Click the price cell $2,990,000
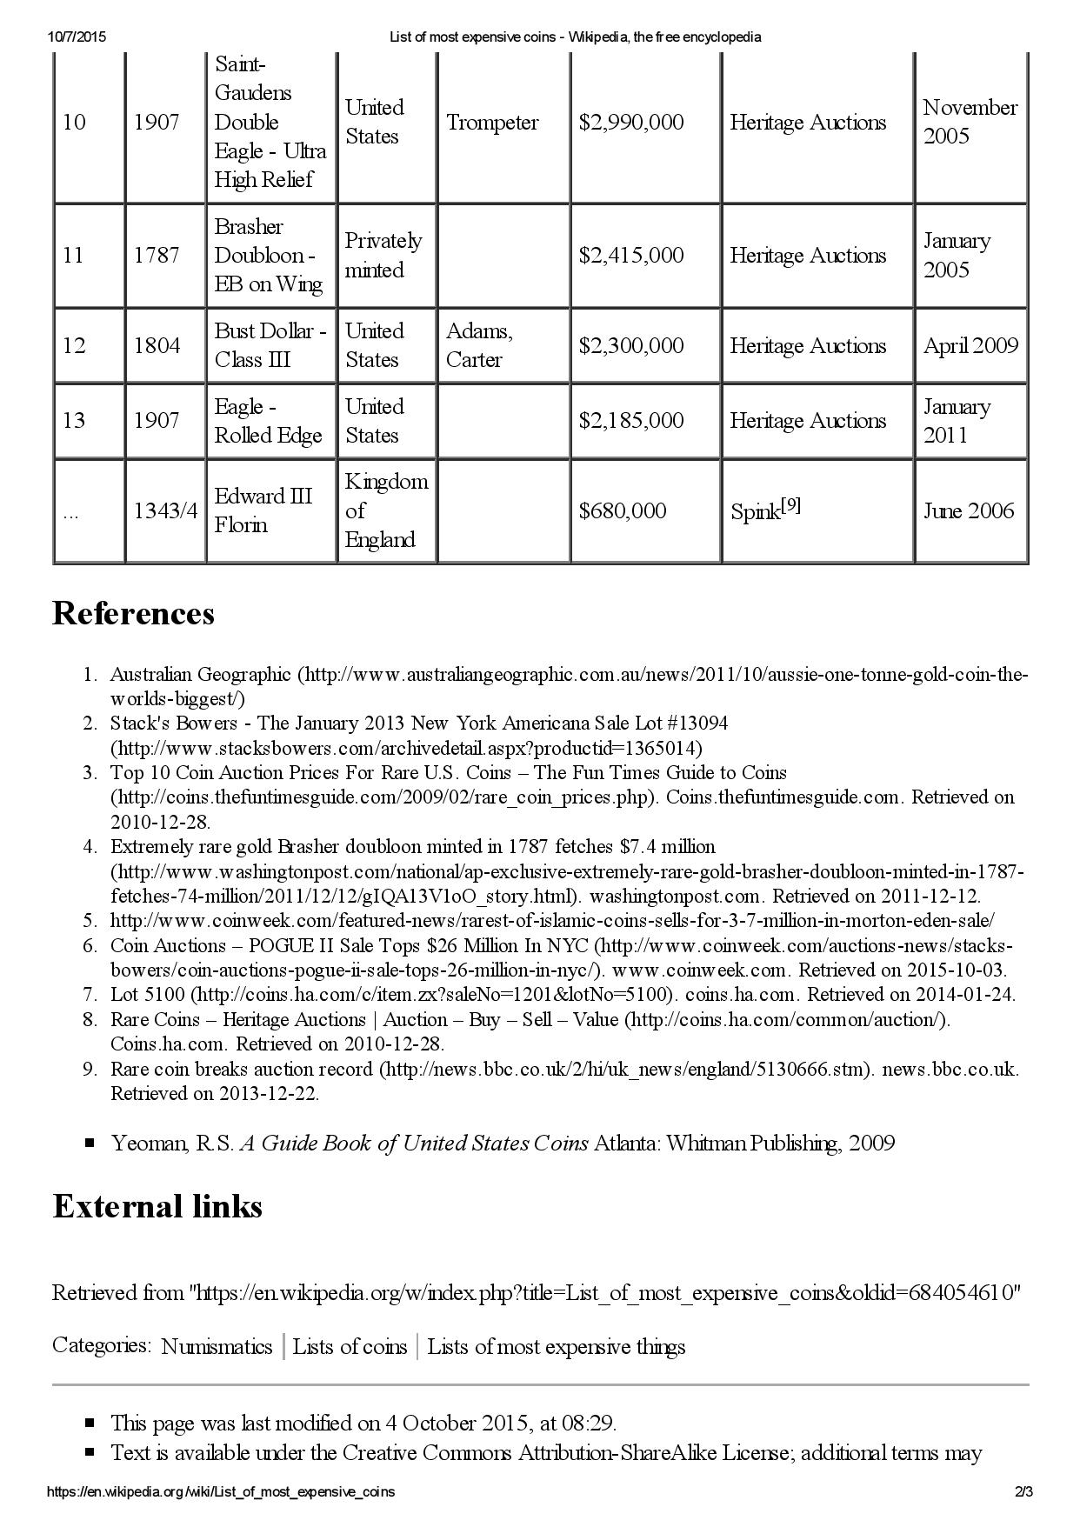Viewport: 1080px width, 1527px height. click(x=631, y=123)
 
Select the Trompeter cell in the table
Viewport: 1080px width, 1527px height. click(x=492, y=123)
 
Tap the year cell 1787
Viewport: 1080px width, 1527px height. click(x=157, y=256)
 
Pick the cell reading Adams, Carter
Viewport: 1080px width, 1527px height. click(x=479, y=345)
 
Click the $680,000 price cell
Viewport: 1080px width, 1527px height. click(x=623, y=510)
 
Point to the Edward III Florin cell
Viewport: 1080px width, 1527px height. click(x=263, y=510)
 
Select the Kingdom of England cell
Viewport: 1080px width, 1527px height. click(x=385, y=510)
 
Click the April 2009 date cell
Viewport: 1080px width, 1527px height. click(x=970, y=345)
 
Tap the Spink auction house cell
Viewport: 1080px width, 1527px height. click(x=765, y=510)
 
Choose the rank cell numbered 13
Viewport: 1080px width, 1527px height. click(x=74, y=421)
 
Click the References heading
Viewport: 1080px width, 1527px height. click(x=133, y=613)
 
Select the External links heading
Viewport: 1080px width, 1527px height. click(x=157, y=1206)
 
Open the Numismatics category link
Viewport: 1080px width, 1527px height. click(x=217, y=1347)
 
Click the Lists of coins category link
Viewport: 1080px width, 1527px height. click(x=350, y=1347)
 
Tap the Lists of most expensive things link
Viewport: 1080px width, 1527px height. click(x=556, y=1347)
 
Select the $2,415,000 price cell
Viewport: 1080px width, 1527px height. click(x=631, y=256)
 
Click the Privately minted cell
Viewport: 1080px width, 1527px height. click(x=383, y=256)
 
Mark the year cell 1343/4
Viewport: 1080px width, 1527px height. click(x=165, y=510)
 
